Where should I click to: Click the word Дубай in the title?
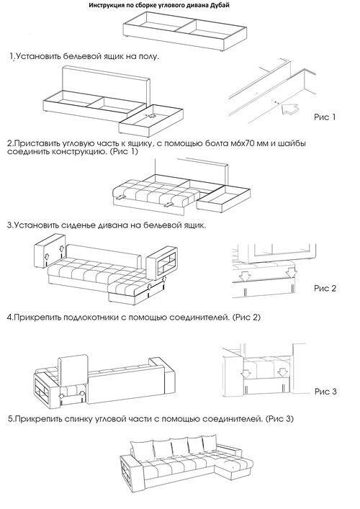pos(220,6)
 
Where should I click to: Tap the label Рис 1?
pos(325,117)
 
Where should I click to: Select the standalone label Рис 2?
pos(325,288)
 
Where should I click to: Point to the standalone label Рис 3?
pos(325,392)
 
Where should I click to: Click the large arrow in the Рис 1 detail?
pos(289,109)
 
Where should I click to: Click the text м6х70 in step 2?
pos(250,143)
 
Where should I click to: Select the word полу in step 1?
pos(148,57)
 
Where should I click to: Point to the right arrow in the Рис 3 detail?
pos(283,374)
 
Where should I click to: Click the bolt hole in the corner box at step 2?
pos(151,116)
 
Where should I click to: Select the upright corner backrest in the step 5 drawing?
pos(73,369)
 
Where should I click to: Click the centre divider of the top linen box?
pos(185,26)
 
